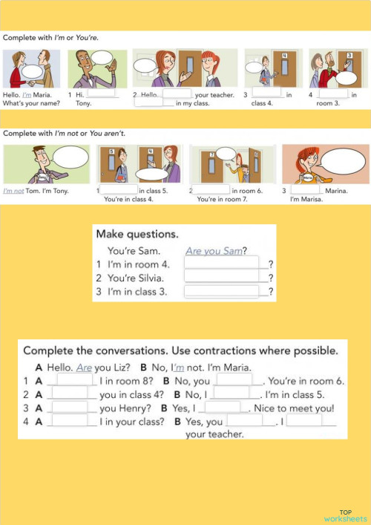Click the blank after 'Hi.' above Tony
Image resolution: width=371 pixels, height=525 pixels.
click(103, 94)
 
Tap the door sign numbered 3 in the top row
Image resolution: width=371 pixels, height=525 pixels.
click(349, 56)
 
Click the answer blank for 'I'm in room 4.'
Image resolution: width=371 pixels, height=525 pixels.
click(222, 263)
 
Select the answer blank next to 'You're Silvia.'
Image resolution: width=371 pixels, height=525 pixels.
click(222, 277)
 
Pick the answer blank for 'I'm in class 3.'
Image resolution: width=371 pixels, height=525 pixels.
click(222, 291)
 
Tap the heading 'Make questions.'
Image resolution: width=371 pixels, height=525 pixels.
click(137, 234)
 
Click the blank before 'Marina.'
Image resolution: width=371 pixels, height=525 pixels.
click(304, 190)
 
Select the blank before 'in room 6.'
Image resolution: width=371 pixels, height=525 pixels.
click(211, 190)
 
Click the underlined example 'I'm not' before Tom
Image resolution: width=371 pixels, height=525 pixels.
click(14, 191)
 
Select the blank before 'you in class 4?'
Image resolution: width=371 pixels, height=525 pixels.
click(71, 394)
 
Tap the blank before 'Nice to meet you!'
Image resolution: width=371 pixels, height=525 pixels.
click(223, 407)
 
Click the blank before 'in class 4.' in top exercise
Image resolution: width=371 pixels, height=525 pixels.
click(268, 94)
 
